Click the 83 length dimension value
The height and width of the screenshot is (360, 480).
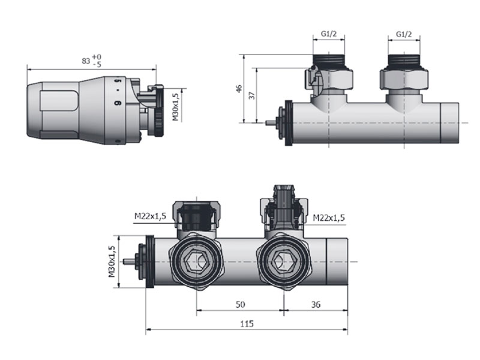(86, 61)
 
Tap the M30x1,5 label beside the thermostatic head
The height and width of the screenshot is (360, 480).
(175, 107)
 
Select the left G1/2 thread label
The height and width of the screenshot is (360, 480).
(328, 34)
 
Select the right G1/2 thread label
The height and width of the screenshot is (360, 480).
(404, 34)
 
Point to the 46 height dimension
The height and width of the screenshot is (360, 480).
(239, 88)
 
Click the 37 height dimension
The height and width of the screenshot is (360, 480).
(252, 95)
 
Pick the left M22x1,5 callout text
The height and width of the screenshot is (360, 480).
(151, 216)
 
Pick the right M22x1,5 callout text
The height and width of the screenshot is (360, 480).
(329, 218)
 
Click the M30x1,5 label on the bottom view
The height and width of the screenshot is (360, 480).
(112, 262)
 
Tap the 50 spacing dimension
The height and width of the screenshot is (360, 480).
(240, 304)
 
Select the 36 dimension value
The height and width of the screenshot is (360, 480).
(316, 304)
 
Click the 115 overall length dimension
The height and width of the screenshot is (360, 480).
(247, 323)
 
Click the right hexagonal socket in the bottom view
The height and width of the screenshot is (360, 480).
(282, 262)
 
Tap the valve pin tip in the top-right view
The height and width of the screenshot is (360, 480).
(266, 123)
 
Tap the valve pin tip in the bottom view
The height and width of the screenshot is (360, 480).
(124, 262)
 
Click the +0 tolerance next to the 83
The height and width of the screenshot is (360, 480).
(97, 57)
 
